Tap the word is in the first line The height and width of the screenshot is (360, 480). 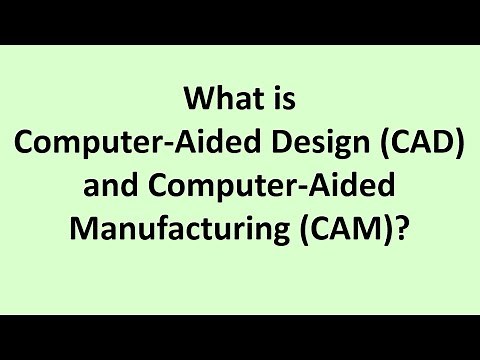285,101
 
